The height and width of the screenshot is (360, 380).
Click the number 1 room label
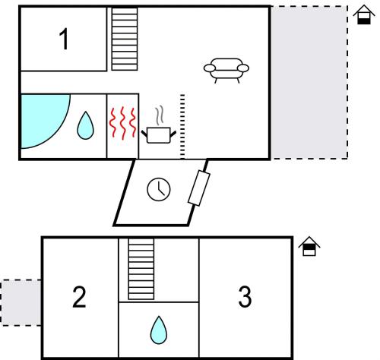[64, 39]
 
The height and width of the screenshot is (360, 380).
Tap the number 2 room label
[79, 297]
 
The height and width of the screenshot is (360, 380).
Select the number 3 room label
[245, 297]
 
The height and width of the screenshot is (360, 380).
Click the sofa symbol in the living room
[226, 71]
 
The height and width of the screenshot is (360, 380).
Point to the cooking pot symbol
[159, 135]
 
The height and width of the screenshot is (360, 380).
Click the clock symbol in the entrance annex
[159, 189]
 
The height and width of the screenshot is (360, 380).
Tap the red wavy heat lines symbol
[122, 123]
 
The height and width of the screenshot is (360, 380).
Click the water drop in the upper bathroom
[85, 125]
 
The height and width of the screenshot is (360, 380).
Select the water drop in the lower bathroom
[159, 330]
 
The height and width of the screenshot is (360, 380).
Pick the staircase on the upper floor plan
[125, 39]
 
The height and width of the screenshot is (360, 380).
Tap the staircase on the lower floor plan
[141, 269]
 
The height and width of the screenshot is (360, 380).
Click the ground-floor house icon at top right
[364, 14]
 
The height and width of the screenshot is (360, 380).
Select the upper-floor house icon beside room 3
[309, 246]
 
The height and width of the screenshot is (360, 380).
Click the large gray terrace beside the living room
[309, 83]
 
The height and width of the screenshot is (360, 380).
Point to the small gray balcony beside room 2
[21, 302]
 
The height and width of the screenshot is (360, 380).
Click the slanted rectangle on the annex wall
[199, 188]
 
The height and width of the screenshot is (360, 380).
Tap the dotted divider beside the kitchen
[182, 126]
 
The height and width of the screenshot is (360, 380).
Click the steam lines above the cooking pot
[160, 115]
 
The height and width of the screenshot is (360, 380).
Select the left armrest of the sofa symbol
[210, 68]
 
